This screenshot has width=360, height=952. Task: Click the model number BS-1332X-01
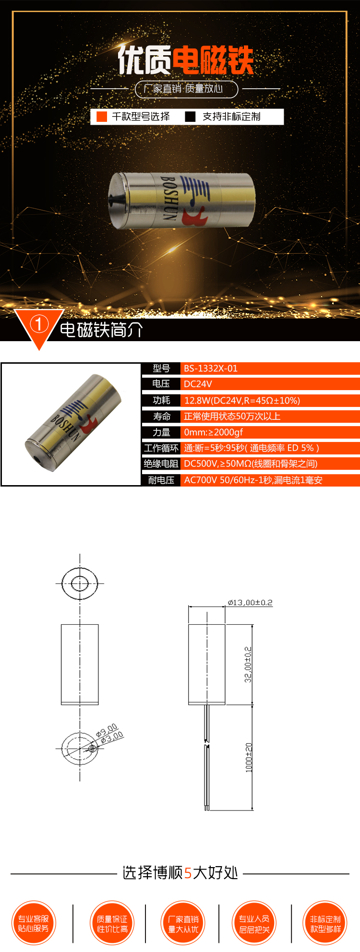click(x=211, y=369)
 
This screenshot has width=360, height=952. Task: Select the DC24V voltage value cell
click(x=198, y=384)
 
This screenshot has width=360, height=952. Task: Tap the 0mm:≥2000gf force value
click(x=214, y=432)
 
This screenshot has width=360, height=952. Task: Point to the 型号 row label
click(x=161, y=369)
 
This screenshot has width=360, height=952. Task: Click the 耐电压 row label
click(x=161, y=480)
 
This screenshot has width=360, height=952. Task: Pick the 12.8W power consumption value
click(x=242, y=400)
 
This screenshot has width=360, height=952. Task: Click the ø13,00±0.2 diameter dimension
click(x=250, y=602)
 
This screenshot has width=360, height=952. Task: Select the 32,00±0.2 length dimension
click(x=248, y=665)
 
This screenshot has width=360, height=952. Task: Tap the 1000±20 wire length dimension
click(x=248, y=757)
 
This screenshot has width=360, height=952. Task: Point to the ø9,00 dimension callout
click(x=107, y=730)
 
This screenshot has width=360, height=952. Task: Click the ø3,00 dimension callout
click(x=112, y=737)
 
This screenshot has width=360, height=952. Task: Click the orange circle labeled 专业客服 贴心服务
click(x=33, y=923)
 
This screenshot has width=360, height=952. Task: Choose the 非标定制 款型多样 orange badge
click(x=325, y=923)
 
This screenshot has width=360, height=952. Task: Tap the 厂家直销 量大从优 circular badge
click(x=183, y=923)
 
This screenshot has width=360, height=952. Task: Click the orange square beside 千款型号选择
click(x=102, y=117)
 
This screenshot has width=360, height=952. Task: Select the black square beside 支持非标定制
click(x=191, y=117)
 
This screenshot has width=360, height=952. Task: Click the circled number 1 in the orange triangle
click(x=39, y=325)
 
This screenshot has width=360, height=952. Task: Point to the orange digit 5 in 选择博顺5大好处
click(x=188, y=873)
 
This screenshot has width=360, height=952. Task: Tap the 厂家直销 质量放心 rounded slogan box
click(x=186, y=89)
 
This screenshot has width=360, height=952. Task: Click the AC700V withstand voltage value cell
click(x=253, y=480)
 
